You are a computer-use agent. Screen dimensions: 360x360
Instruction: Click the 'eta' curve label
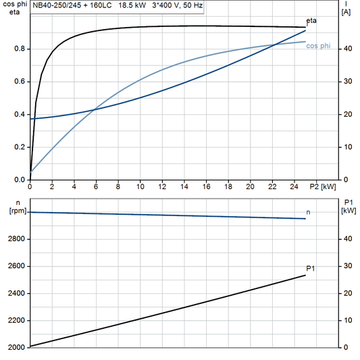pos(311,21)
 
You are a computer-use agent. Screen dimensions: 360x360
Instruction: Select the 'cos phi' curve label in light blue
pos(318,46)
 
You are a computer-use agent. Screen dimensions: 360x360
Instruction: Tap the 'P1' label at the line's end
pos(311,269)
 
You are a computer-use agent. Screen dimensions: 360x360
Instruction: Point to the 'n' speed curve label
pos(309,213)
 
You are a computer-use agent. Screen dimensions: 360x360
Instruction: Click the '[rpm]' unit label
pos(16,211)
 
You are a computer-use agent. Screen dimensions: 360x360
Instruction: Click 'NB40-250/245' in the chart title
pos(56,5)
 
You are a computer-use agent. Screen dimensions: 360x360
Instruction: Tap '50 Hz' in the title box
pos(190,5)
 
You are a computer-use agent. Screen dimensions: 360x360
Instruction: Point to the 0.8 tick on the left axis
pos(20,49)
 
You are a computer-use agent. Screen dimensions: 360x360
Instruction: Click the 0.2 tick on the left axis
pos(20,147)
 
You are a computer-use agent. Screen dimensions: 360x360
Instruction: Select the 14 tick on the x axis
pos(184,187)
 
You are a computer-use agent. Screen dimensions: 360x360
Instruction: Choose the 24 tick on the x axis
pos(294,187)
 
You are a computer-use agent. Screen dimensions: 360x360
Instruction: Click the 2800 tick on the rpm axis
pos(16,239)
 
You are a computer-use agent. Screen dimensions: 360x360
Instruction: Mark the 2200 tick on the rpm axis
pos(16,320)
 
